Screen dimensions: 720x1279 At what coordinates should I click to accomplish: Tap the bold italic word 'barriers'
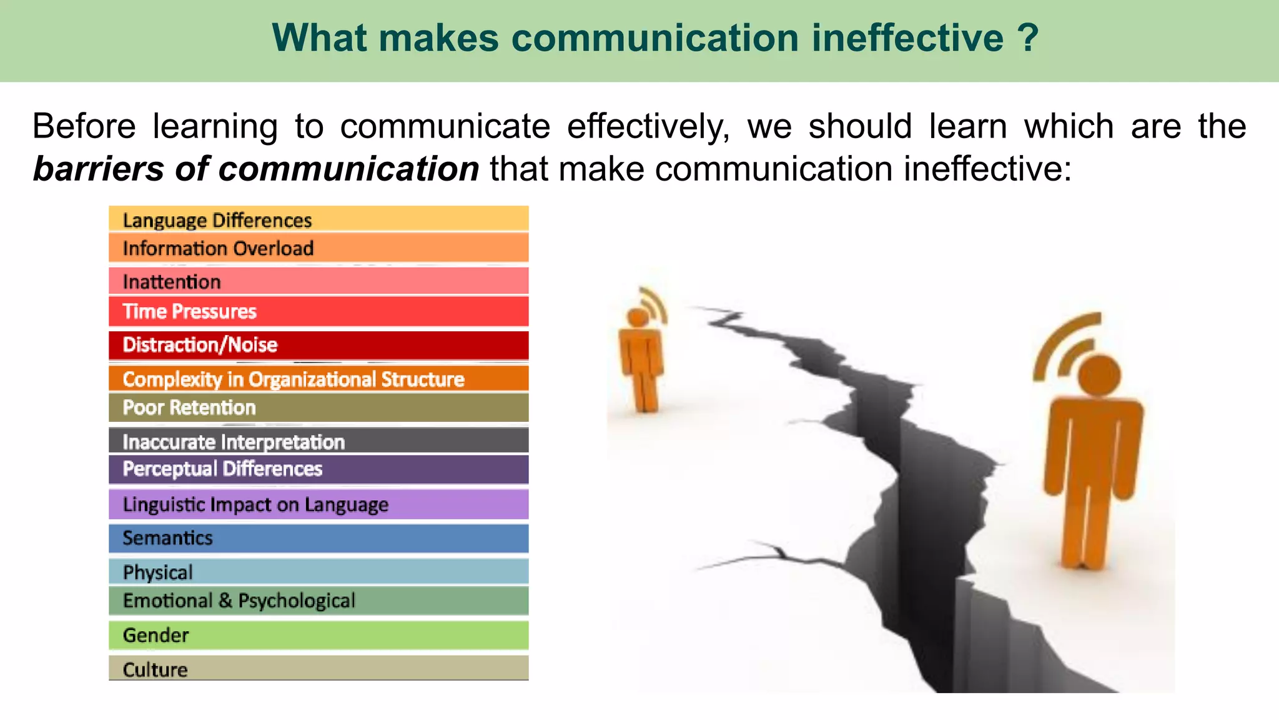[98, 169]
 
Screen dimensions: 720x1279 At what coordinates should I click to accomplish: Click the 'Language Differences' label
[217, 220]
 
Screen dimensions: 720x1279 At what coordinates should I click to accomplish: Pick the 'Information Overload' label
[218, 248]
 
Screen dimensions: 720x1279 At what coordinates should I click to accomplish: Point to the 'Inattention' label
[172, 282]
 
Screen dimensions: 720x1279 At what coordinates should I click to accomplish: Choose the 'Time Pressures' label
[189, 311]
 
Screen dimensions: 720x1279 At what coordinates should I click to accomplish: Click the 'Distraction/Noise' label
[200, 344]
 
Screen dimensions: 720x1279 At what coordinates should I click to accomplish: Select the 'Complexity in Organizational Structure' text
[294, 379]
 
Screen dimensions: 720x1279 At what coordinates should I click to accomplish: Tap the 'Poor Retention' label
[189, 407]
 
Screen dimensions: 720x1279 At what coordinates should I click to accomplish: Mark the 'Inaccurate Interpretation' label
[234, 442]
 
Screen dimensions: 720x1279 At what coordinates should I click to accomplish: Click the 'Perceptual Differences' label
[222, 469]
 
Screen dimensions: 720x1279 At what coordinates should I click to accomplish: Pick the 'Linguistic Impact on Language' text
[255, 504]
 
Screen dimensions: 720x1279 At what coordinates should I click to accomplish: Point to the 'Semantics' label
[167, 538]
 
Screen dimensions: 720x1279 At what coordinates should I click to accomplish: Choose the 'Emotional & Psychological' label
[239, 601]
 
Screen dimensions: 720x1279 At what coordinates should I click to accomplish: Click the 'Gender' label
[156, 636]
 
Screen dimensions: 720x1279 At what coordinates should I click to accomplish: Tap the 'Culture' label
[155, 669]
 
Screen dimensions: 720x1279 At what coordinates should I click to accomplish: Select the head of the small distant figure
[638, 317]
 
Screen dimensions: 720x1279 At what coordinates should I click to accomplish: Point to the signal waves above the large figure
[1062, 344]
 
